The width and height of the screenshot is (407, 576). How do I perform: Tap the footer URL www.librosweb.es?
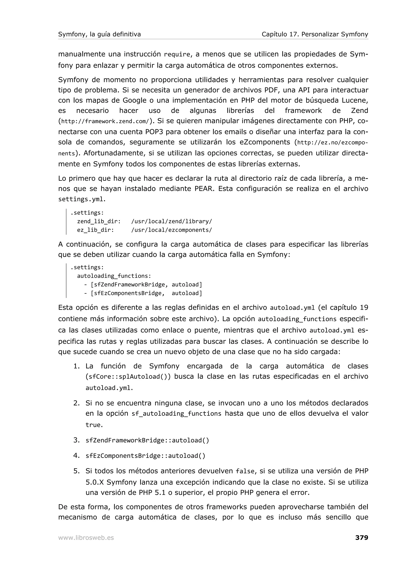point(86,538)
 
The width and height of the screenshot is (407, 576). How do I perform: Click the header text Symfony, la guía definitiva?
point(99,34)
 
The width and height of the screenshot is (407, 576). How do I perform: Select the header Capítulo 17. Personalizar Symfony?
point(315,34)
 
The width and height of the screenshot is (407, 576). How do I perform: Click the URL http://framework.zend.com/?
point(105,121)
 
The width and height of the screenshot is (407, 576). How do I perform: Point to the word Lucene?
point(354,100)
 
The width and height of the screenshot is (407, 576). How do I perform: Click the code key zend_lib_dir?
point(99,221)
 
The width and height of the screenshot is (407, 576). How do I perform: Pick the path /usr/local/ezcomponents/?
point(172,230)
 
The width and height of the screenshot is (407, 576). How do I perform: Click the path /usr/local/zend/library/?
point(172,221)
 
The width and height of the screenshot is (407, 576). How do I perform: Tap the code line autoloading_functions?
point(114,276)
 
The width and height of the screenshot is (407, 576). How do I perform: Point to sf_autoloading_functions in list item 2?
point(176,413)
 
